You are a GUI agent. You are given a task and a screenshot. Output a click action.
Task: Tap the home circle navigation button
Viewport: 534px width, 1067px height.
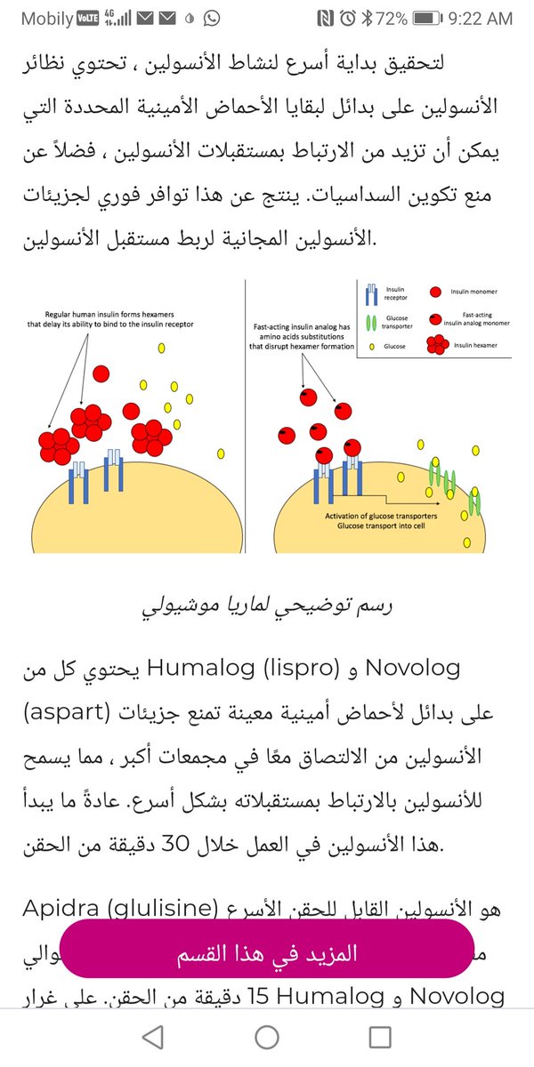(266, 1037)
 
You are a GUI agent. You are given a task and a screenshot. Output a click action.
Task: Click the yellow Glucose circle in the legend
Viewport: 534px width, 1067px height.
(371, 347)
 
